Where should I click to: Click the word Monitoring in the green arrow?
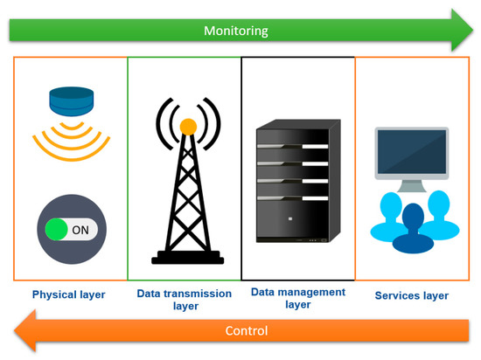click(235, 31)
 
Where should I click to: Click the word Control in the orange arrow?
click(247, 331)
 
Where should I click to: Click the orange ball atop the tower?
click(186, 127)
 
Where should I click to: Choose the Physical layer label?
click(69, 294)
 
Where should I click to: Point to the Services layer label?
click(411, 295)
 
